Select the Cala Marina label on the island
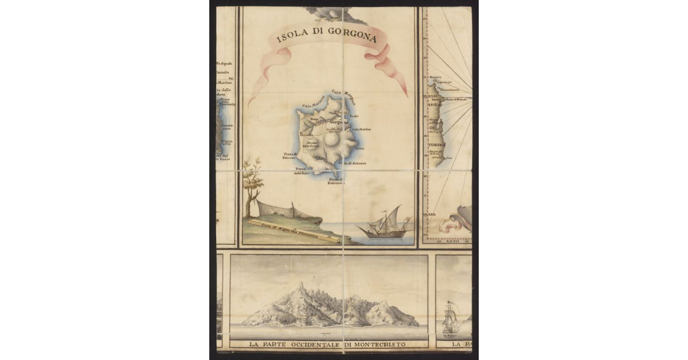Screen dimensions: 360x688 (361, 130)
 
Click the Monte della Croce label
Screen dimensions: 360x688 (312, 144)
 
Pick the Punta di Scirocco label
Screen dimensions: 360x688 (338, 181)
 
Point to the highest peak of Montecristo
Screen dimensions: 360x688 (302, 285)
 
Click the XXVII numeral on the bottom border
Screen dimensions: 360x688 (452, 242)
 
